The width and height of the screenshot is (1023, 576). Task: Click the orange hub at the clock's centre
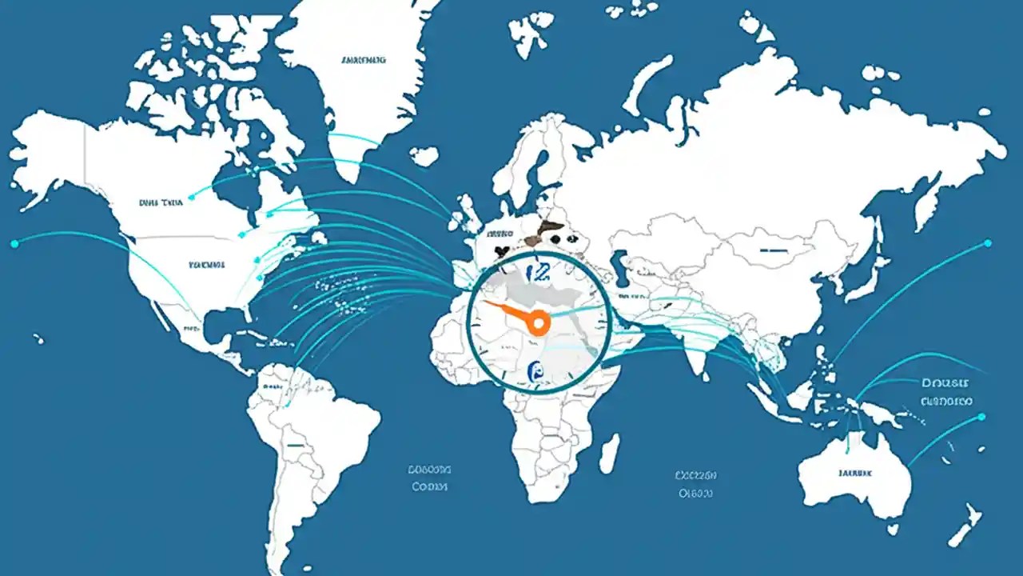point(539,322)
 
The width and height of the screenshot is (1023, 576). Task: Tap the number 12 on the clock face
point(539,272)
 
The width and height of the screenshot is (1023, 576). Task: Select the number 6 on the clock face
point(536,370)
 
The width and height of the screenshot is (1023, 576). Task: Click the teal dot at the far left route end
point(14,242)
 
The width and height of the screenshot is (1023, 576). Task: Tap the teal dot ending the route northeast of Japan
point(988,242)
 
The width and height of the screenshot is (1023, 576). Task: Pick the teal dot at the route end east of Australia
point(982,416)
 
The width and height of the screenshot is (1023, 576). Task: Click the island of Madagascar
point(609,453)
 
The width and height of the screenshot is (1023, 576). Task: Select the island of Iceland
point(424,155)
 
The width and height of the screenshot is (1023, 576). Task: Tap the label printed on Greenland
point(363,60)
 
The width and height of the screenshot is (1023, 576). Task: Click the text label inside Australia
point(855,473)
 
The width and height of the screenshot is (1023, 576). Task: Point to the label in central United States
point(207,264)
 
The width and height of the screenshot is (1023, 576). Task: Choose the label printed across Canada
point(161,203)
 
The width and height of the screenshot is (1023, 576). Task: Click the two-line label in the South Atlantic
point(429,478)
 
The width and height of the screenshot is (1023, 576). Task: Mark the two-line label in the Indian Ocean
point(695,484)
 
